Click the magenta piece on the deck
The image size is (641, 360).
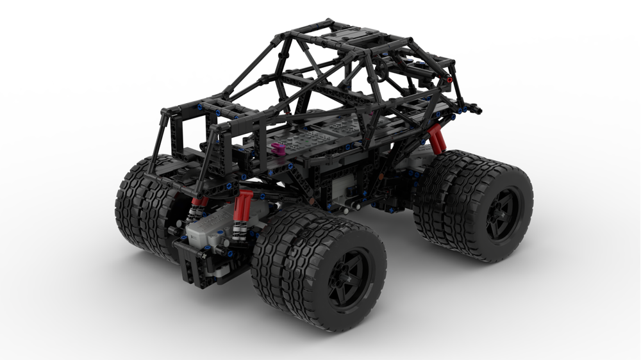(279, 150)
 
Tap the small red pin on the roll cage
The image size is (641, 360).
(449, 80)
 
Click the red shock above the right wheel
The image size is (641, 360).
(437, 139)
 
